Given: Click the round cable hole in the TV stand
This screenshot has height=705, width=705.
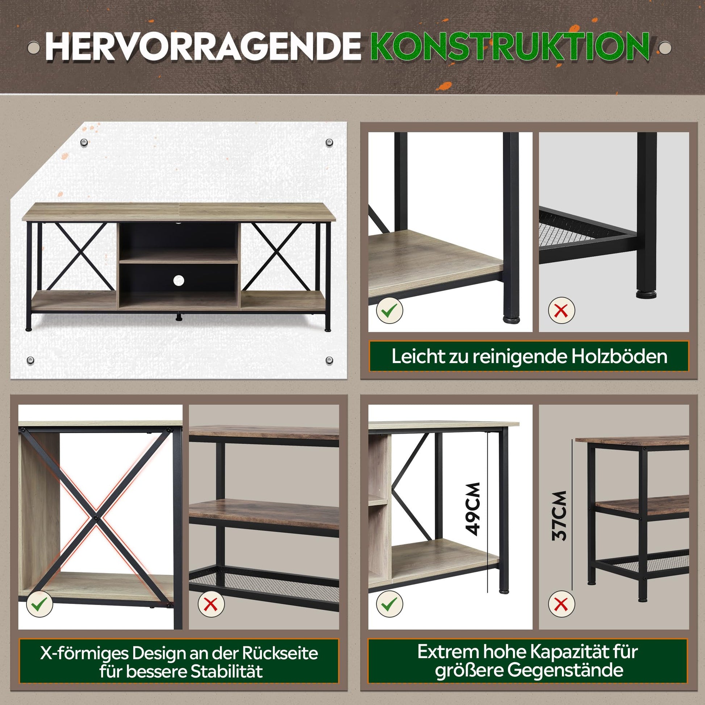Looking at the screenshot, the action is (x=179, y=280).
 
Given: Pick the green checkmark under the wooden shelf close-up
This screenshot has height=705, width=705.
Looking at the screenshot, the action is (x=390, y=310).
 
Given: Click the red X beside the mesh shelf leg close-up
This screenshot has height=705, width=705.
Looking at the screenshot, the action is (x=562, y=310).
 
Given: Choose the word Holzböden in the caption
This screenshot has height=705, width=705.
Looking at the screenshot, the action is (x=619, y=356).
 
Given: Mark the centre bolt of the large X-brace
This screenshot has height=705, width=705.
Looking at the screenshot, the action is (x=96, y=517).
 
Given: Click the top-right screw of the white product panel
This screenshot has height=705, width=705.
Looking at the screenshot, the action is (x=329, y=142).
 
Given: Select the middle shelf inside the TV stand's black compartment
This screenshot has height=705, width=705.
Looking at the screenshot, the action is (x=179, y=255).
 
